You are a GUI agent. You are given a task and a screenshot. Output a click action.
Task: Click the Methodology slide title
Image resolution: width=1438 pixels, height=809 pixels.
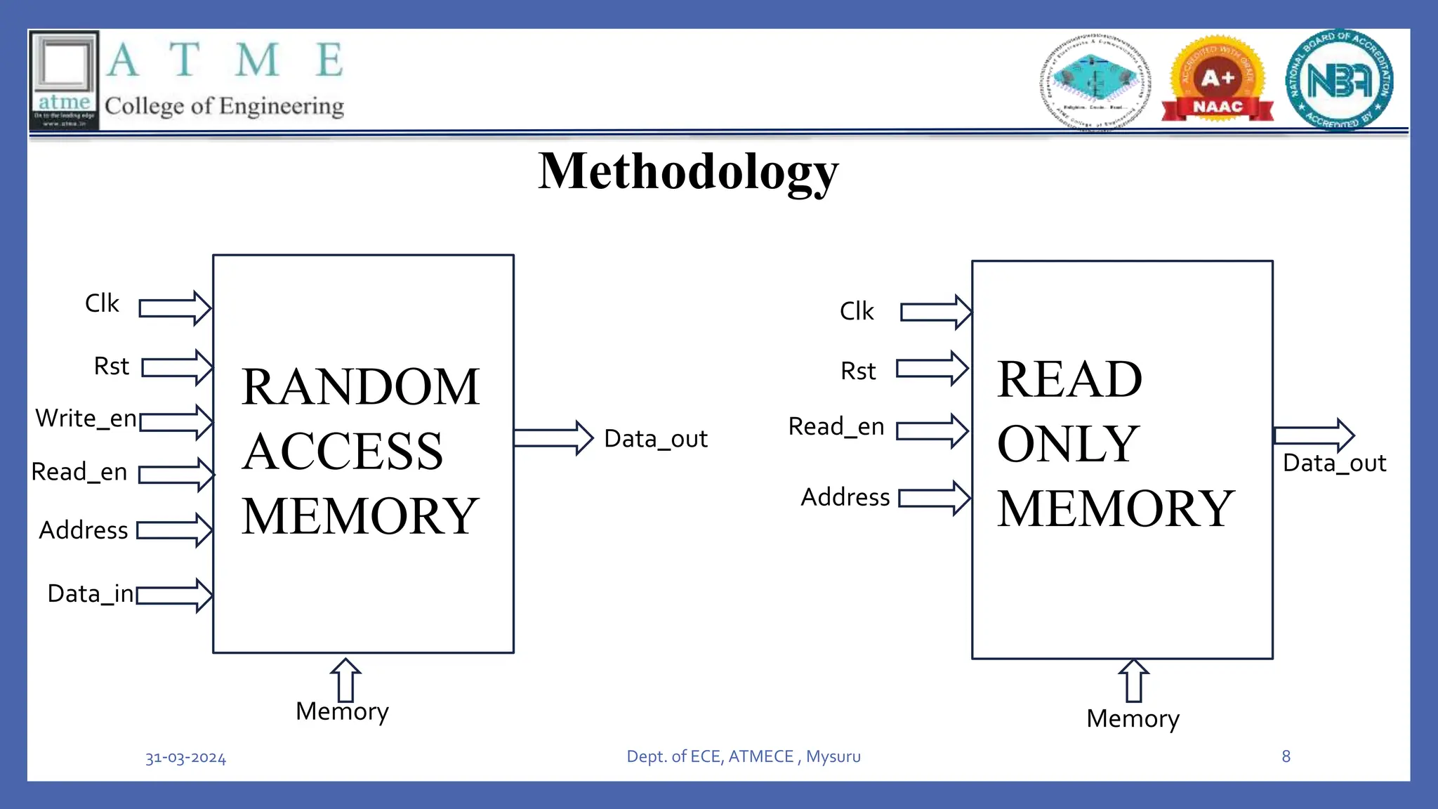pyautogui.click(x=688, y=172)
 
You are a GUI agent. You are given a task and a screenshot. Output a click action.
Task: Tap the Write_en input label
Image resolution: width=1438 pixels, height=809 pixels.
pyautogui.click(x=86, y=419)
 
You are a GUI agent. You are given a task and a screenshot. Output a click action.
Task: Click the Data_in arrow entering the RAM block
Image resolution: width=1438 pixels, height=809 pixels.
pyautogui.click(x=174, y=596)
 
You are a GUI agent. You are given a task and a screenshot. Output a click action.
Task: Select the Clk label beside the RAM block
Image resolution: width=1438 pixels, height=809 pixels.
pyautogui.click(x=102, y=303)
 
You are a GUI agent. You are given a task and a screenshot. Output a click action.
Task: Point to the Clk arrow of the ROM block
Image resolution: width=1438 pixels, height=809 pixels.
pyautogui.click(x=935, y=312)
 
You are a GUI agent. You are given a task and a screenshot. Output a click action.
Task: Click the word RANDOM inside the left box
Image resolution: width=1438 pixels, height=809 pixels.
pyautogui.click(x=360, y=387)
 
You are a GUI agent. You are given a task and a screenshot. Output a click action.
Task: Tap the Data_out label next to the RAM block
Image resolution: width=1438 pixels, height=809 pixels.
pyautogui.click(x=656, y=439)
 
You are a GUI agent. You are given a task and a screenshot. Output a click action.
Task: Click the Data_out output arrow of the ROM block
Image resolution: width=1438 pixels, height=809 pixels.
pyautogui.click(x=1313, y=435)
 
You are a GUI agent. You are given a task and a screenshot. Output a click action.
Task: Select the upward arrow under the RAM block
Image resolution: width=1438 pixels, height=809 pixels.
pyautogui.click(x=345, y=680)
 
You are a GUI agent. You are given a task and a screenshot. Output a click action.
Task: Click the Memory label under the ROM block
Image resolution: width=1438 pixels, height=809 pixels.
pyautogui.click(x=1133, y=719)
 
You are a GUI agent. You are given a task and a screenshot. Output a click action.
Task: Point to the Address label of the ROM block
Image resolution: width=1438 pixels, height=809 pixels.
pyautogui.click(x=845, y=497)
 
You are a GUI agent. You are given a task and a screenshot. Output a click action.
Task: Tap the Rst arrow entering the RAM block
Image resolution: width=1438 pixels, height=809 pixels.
pyautogui.click(x=177, y=367)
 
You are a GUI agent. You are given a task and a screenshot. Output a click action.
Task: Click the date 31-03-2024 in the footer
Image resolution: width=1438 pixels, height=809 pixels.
pyautogui.click(x=185, y=758)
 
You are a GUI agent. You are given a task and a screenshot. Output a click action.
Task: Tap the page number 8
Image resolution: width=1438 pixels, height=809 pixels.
pyautogui.click(x=1286, y=756)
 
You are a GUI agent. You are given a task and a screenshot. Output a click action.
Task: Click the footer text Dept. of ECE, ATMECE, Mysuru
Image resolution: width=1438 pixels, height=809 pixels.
pyautogui.click(x=744, y=756)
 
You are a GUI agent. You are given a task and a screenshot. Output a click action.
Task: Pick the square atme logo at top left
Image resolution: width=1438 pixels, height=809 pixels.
pyautogui.click(x=64, y=79)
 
